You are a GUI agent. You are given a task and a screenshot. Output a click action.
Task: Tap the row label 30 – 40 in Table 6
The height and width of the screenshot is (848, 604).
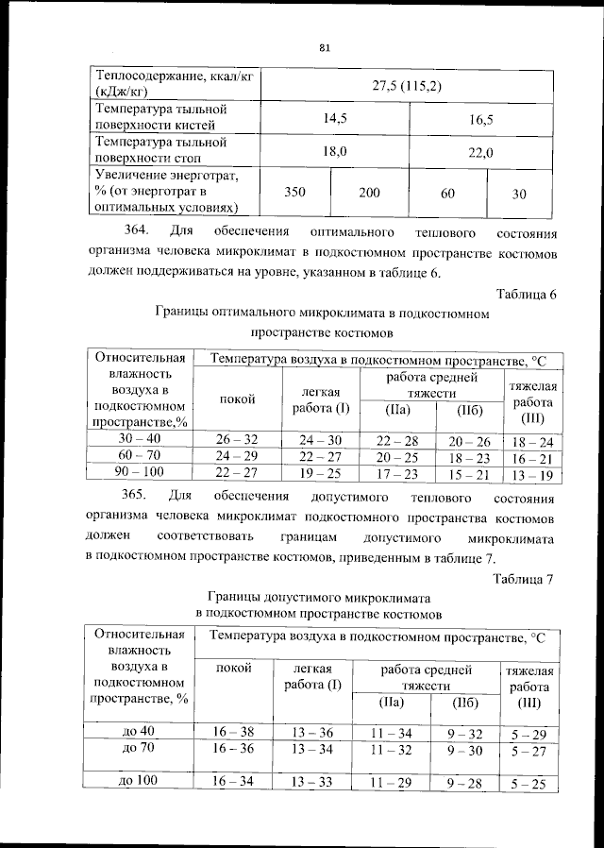140,439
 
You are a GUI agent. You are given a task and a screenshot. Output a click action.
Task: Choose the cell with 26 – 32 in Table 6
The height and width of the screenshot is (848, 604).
236,439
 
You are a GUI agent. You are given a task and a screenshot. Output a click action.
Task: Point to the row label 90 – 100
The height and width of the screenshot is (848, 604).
140,473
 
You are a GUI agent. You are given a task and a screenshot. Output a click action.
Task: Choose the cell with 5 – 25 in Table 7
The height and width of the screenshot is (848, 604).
528,783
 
